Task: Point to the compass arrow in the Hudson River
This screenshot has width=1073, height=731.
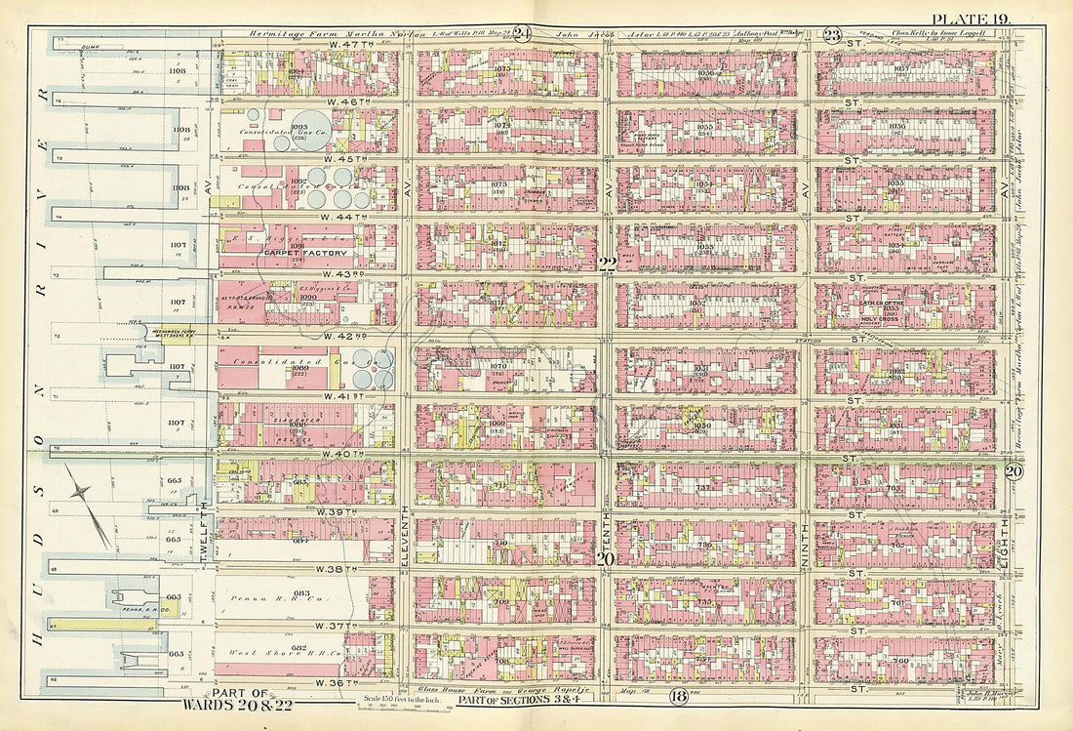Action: [88, 503]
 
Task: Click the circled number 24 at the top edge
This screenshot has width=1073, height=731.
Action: [522, 33]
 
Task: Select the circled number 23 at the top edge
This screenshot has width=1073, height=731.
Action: [832, 34]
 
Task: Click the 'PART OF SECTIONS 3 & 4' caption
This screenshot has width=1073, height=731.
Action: [532, 698]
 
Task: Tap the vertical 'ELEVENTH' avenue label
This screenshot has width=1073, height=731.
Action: [403, 532]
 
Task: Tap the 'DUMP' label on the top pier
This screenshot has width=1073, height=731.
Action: [94, 46]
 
